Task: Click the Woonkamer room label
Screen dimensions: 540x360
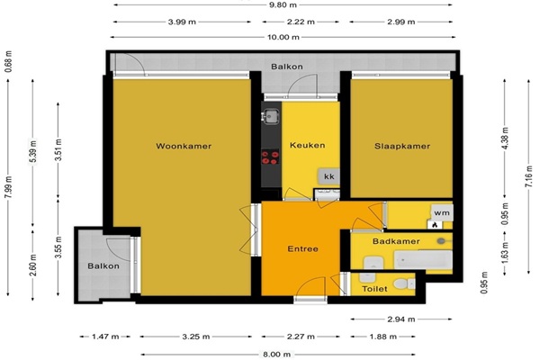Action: [x=184, y=146]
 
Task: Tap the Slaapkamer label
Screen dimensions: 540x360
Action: [x=402, y=146]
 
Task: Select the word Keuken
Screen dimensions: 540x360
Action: [x=308, y=145]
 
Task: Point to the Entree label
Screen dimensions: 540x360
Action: [x=302, y=248]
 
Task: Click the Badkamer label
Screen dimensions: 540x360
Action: [x=396, y=241]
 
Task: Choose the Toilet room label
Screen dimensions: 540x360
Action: [x=374, y=289]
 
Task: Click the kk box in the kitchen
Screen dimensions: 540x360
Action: [x=329, y=176]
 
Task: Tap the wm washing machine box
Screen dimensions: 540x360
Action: [x=442, y=213]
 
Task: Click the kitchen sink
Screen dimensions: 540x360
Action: [x=271, y=116]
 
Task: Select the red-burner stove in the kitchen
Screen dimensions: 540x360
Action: [x=270, y=157]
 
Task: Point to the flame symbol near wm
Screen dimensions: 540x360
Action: [x=436, y=225]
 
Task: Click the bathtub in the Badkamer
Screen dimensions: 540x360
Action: [x=423, y=260]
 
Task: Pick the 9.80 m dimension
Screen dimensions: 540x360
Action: [x=283, y=4]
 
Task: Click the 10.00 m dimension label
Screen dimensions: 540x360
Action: [x=283, y=37]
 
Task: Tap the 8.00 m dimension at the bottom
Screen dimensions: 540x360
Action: [x=277, y=354]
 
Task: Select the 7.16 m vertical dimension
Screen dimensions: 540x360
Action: [x=528, y=176]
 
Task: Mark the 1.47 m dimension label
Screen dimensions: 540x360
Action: [x=105, y=337]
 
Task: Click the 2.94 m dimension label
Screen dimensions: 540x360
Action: [x=401, y=319]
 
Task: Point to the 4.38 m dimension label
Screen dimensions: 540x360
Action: [x=505, y=138]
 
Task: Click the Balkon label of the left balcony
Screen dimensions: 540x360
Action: [x=103, y=266]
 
